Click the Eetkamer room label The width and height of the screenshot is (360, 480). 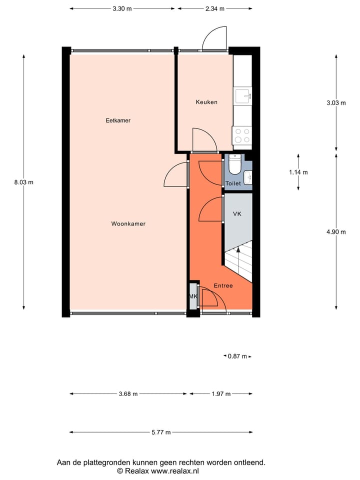(118, 120)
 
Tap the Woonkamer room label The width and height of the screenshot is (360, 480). (128, 224)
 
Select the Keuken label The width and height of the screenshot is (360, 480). (206, 102)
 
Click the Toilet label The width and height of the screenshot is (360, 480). (233, 183)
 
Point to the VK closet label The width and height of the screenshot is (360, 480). (237, 214)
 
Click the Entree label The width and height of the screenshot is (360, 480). (223, 286)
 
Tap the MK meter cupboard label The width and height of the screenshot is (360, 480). (193, 296)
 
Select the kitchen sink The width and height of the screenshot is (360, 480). (243, 95)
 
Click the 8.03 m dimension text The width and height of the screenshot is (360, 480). (23, 182)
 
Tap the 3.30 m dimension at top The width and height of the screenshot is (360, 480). (122, 8)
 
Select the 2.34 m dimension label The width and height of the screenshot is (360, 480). (215, 8)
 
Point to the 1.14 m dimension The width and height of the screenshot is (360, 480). (298, 172)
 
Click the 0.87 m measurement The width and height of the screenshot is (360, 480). (237, 356)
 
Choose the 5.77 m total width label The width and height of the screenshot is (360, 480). (161, 432)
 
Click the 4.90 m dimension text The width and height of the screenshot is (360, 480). (335, 232)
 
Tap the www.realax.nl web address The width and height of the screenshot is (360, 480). (174, 471)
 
